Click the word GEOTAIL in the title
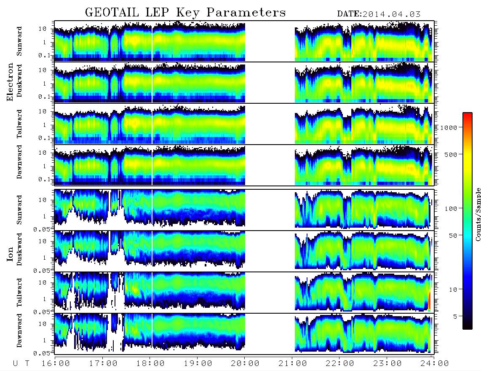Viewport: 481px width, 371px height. click(112, 13)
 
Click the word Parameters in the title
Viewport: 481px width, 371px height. click(246, 13)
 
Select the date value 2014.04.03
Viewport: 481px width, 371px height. click(391, 14)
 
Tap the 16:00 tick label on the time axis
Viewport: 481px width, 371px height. click(56, 363)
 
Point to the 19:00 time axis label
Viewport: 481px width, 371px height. click(198, 363)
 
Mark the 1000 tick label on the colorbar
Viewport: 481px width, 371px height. click(449, 127)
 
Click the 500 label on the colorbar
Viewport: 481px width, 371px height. click(451, 154)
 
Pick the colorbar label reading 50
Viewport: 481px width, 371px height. click(453, 236)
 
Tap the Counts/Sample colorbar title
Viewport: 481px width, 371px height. click(478, 214)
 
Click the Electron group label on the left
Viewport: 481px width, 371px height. click(10, 82)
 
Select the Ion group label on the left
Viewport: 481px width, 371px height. click(10, 254)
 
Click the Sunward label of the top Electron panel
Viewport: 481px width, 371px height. click(19, 41)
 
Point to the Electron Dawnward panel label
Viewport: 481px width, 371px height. click(19, 162)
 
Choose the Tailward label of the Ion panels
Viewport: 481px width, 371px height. click(19, 293)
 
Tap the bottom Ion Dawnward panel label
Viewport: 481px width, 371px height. click(19, 330)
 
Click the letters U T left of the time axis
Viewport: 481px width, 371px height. click(21, 364)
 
